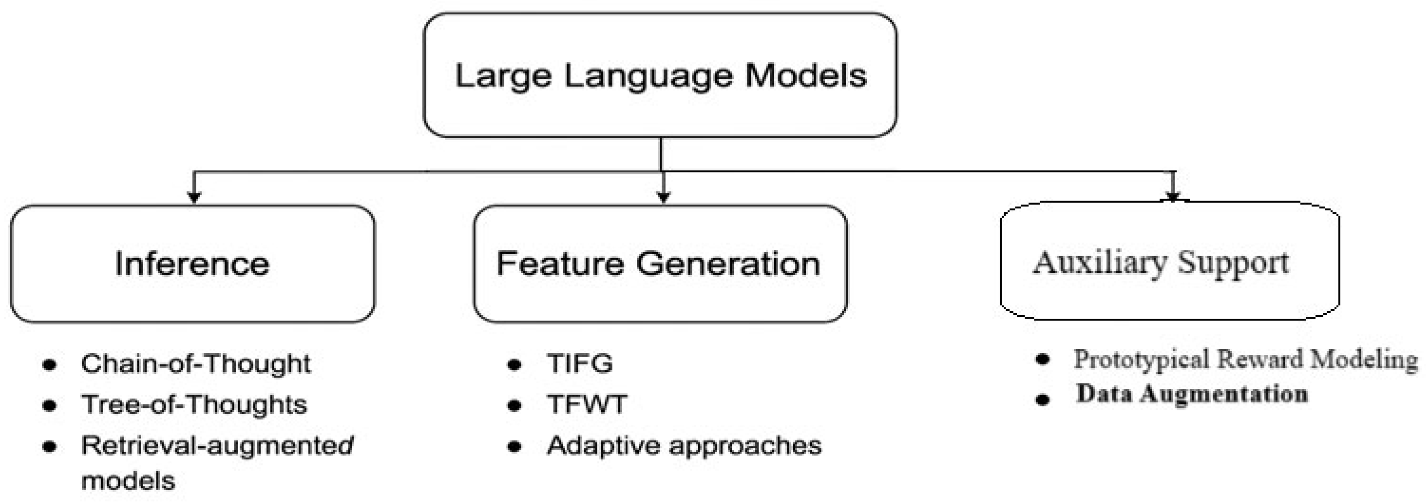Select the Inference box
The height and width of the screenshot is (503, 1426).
pyautogui.click(x=192, y=264)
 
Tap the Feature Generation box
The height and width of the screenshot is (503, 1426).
pyautogui.click(x=659, y=264)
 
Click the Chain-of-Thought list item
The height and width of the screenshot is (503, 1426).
pyautogui.click(x=195, y=363)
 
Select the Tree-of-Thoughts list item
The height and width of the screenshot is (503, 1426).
pyautogui.click(x=194, y=405)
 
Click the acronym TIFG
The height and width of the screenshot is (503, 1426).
pyautogui.click(x=579, y=363)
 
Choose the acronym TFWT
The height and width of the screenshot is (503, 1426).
pyautogui.click(x=587, y=405)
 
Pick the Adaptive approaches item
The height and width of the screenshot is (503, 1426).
pyautogui.click(x=684, y=446)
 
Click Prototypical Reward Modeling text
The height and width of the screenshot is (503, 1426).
pyautogui.click(x=1245, y=360)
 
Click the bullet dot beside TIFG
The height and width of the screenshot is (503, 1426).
pyautogui.click(x=514, y=365)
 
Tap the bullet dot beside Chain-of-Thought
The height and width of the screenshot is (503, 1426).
pyautogui.click(x=49, y=365)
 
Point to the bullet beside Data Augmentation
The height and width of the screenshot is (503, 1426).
pyautogui.click(x=1042, y=399)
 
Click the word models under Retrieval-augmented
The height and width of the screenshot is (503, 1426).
pyautogui.click(x=128, y=481)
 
